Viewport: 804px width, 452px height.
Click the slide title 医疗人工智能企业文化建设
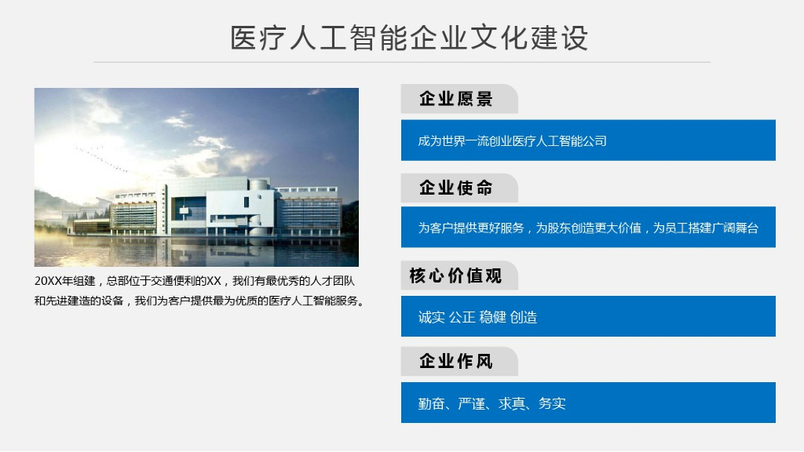pos(409,38)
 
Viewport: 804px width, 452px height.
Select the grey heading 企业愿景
pos(455,99)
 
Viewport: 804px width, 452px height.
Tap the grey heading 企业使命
pos(455,188)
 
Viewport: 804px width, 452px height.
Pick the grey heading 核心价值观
pos(455,276)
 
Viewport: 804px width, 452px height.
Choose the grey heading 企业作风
pos(455,362)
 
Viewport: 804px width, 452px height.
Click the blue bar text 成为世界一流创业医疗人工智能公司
pos(512,141)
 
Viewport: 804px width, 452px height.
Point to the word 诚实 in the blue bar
pos(431,318)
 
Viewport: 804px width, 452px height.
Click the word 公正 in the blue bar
pos(462,318)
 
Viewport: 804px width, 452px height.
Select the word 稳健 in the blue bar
pos(492,318)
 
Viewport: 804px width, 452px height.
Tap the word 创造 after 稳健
pos(524,318)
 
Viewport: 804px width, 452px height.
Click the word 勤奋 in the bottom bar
pos(431,404)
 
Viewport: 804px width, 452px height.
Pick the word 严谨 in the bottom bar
pos(471,404)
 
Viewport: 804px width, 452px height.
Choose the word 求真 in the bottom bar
pos(511,404)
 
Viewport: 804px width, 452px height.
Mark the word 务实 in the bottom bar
pos(552,404)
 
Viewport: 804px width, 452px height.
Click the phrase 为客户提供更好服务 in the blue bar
pos(470,228)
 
